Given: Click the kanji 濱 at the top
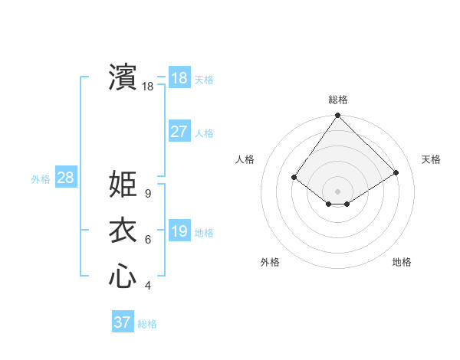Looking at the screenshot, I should click(123, 77).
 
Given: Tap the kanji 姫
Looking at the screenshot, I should click(123, 185).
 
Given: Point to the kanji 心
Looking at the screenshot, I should click(123, 277).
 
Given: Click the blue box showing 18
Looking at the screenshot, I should click(179, 78).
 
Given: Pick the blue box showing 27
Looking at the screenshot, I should click(179, 132).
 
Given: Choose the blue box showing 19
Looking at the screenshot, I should click(179, 231).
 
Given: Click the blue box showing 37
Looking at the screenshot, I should click(123, 322).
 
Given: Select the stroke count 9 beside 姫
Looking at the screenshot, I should click(147, 195).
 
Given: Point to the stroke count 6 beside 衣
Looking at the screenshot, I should click(147, 241).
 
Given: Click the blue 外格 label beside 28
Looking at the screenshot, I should click(41, 179).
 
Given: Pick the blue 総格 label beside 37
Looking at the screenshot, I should click(147, 324).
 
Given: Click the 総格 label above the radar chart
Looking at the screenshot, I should click(337, 100).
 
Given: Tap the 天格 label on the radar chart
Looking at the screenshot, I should click(431, 159).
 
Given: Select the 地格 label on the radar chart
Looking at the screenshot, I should click(402, 262).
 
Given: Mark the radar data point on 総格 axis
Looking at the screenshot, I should click(337, 116).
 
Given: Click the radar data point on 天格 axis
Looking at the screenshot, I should click(396, 172).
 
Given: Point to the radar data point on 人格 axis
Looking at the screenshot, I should click(294, 177).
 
